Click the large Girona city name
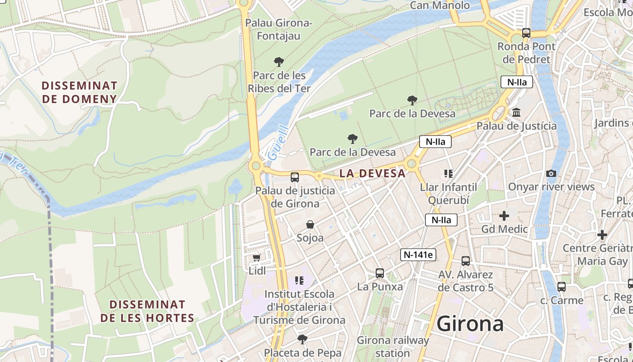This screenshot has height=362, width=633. tap(470, 324)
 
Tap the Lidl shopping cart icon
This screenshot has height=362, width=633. tap(257, 257)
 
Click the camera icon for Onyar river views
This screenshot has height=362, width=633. tap(551, 173)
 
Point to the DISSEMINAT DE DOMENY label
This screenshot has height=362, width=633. tap(80, 92)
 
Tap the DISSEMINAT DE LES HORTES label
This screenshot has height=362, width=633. tap(147, 311)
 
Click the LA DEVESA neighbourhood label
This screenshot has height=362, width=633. tap(373, 173)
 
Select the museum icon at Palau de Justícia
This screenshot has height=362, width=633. tap(516, 112)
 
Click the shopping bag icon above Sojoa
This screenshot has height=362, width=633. tap(310, 224)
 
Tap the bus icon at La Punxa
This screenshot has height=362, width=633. tap(380, 273)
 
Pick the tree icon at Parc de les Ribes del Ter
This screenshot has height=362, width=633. tap(279, 62)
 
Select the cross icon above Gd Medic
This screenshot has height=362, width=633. tap(504, 216)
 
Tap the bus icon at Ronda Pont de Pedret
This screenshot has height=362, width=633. tap(526, 33)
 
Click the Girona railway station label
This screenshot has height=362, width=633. tap(392, 347)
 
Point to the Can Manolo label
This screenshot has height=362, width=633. tap(439, 5)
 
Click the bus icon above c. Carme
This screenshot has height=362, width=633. tap(561, 286)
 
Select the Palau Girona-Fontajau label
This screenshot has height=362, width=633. tap(279, 29)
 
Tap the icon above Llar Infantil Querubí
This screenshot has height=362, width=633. tap(448, 173)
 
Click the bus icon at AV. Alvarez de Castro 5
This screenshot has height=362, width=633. tap(466, 261)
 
